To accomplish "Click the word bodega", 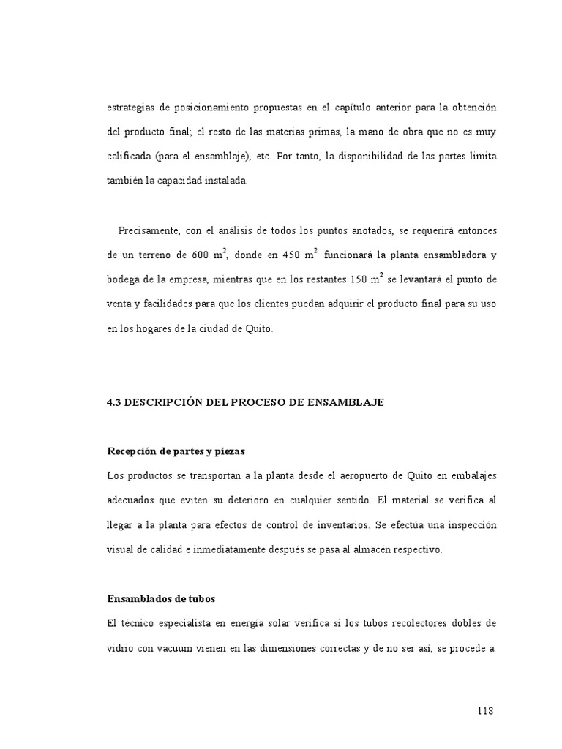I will [x=123, y=279].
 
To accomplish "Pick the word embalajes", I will [x=471, y=475].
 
